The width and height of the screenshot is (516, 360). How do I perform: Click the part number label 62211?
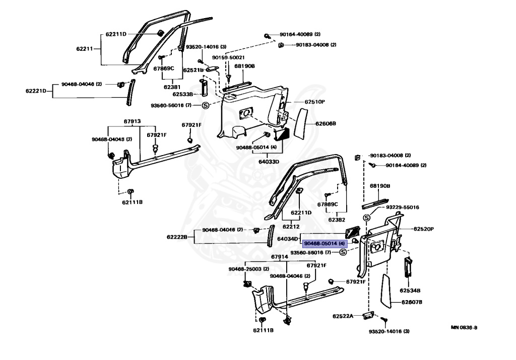click(x=84, y=49)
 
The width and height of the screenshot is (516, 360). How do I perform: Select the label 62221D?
click(x=36, y=91)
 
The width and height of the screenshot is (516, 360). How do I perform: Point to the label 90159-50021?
click(x=232, y=57)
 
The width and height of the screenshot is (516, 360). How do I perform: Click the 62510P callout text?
click(x=314, y=102)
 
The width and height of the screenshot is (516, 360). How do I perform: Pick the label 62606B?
click(x=326, y=123)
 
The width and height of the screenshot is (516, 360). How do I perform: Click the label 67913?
click(x=132, y=121)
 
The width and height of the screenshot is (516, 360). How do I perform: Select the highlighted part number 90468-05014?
click(x=324, y=244)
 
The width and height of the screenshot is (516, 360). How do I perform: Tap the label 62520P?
click(x=424, y=229)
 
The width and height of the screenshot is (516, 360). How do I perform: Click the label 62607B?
click(x=412, y=302)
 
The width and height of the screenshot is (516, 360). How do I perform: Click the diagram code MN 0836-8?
click(x=464, y=327)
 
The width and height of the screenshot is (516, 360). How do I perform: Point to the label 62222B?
click(x=177, y=237)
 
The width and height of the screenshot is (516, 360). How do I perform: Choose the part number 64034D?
click(x=288, y=238)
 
